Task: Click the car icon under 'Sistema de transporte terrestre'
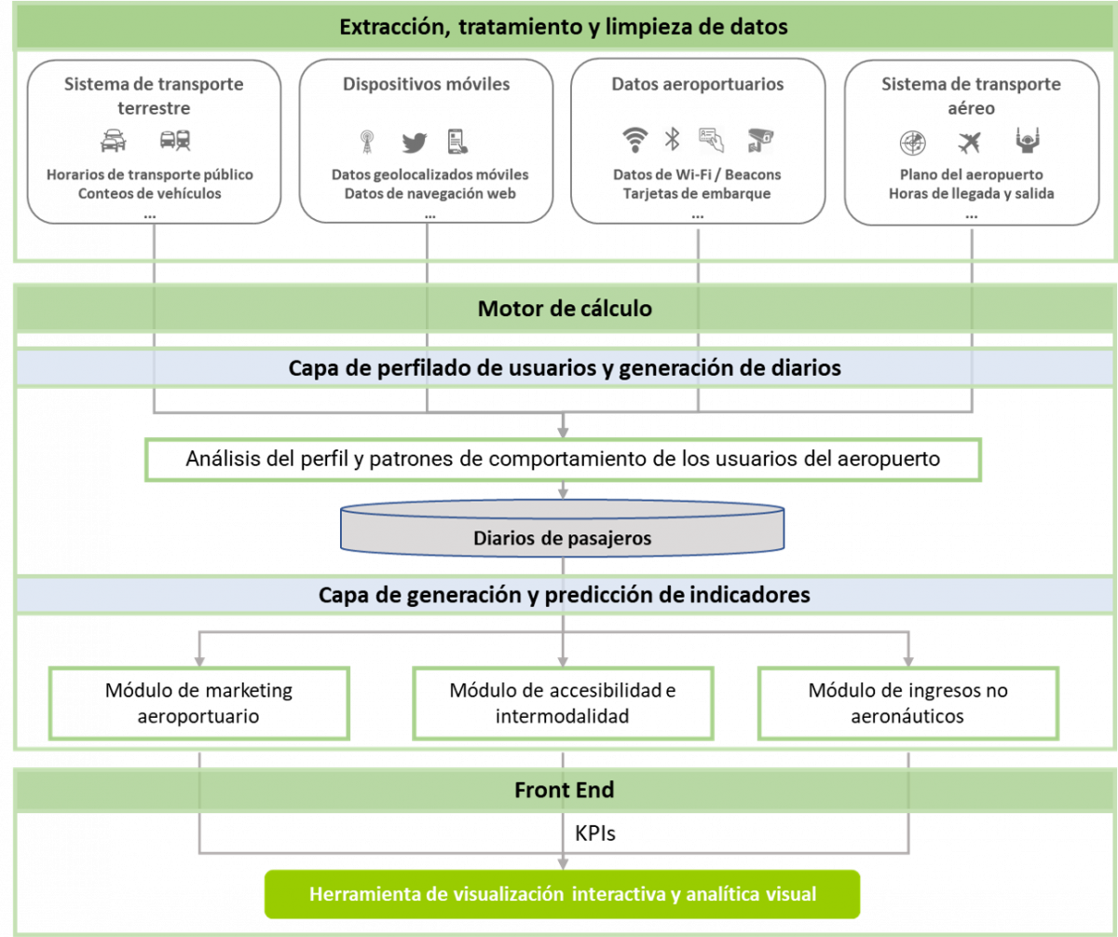(x=114, y=141)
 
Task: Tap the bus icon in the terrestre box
(x=175, y=141)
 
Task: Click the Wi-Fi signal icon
(x=634, y=140)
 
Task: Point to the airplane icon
(x=970, y=142)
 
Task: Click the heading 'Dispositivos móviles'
(x=426, y=84)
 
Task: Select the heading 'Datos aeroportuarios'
(x=697, y=84)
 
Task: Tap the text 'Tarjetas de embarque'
(x=697, y=194)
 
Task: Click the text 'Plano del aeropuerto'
(x=971, y=174)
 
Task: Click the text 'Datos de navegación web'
(x=429, y=194)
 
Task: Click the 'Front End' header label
(x=564, y=791)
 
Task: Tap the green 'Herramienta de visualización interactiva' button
(x=563, y=895)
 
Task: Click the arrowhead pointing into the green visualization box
(x=563, y=862)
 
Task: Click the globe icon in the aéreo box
(x=912, y=143)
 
